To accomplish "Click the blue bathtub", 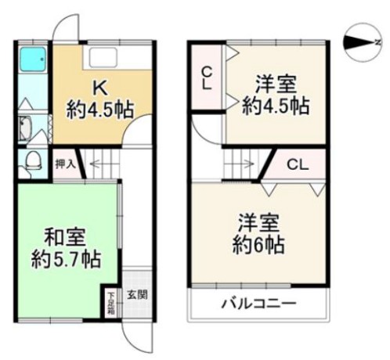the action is pyautogui.click(x=33, y=59).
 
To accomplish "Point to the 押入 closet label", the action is pyautogui.click(x=65, y=164).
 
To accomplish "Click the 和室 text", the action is pyautogui.click(x=65, y=236).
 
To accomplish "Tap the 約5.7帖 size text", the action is pyautogui.click(x=66, y=259).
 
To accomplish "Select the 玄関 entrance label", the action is pyautogui.click(x=138, y=295).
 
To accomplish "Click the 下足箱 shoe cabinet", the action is pyautogui.click(x=111, y=303).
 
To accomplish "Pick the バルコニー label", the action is pyautogui.click(x=259, y=304).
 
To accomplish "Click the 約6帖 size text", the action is pyautogui.click(x=258, y=245).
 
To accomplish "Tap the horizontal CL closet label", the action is pyautogui.click(x=298, y=164).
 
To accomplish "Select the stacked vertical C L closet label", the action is pyautogui.click(x=207, y=78).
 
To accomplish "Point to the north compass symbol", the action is pyautogui.click(x=363, y=42).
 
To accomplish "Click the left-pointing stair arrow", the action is pyautogui.click(x=97, y=164).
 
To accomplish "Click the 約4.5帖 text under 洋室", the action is pyautogui.click(x=276, y=106).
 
